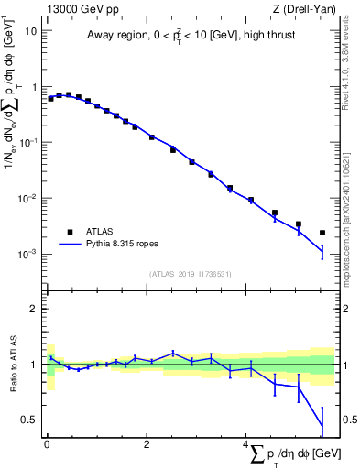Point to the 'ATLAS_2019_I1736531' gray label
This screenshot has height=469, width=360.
[191, 274]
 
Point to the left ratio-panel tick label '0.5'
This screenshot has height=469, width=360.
[31, 420]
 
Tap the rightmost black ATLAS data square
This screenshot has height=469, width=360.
[322, 233]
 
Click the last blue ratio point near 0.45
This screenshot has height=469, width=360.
[322, 426]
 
